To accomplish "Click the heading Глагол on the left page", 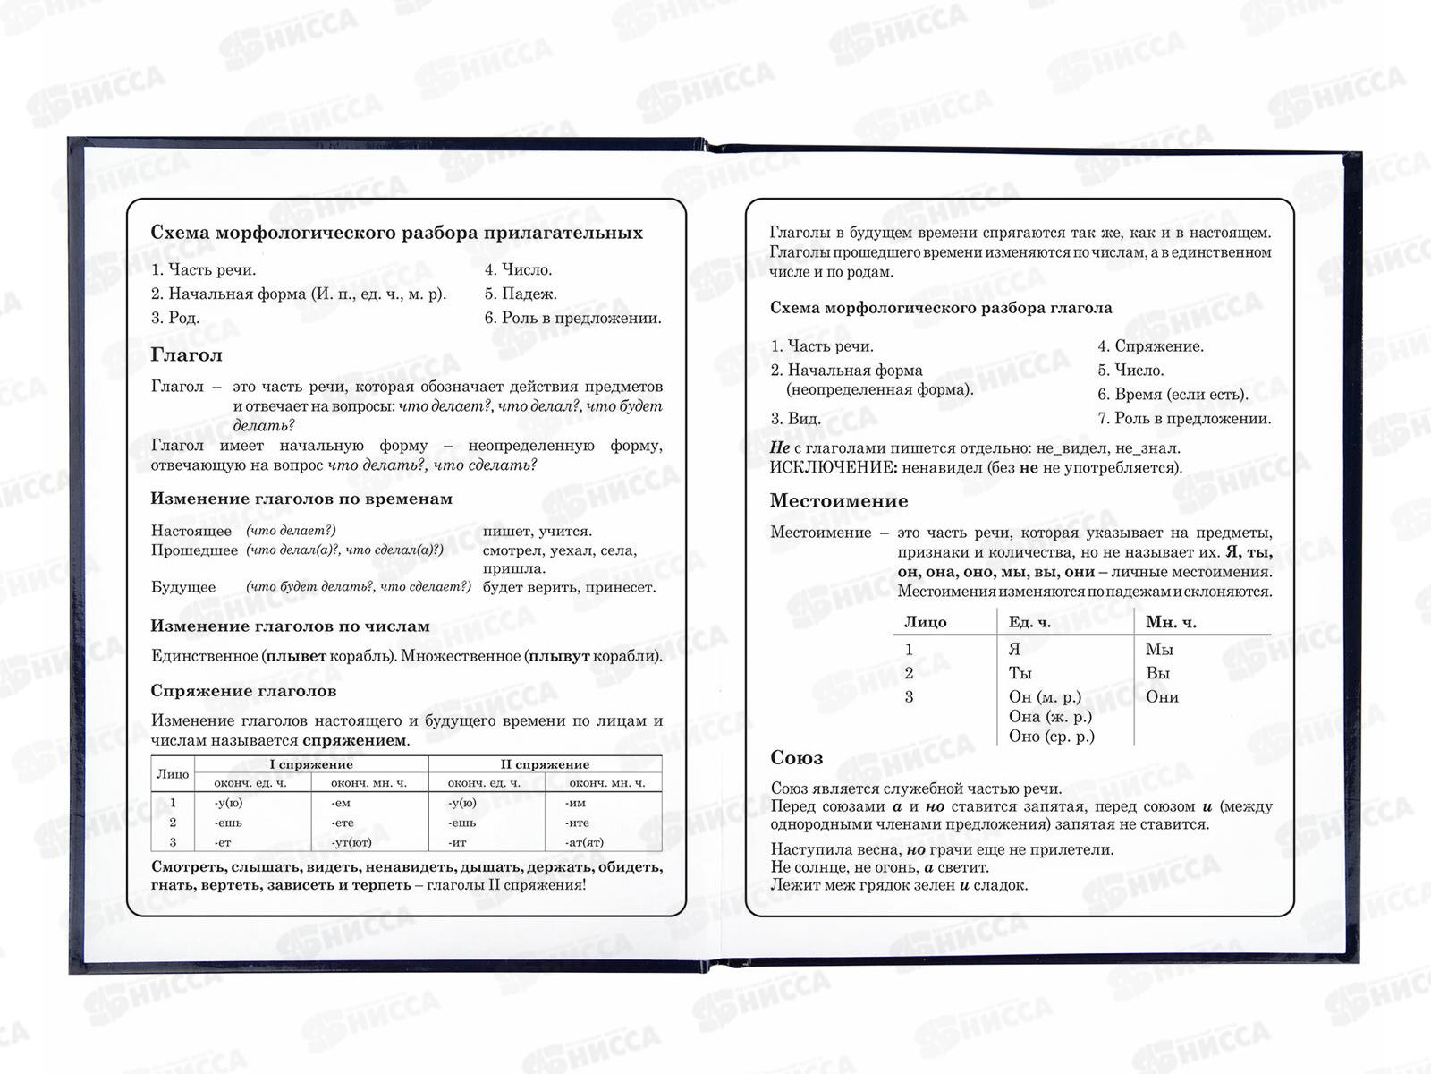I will (x=186, y=355).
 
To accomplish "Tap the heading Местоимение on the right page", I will (x=838, y=501).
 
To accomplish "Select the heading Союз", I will (x=796, y=758).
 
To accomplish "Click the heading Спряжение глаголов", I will (x=243, y=691).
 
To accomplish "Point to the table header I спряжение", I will (x=311, y=764).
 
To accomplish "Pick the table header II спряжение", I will (x=545, y=764).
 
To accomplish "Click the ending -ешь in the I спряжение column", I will (x=228, y=823).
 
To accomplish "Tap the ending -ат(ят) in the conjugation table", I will (x=584, y=842).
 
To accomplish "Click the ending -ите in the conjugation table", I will (x=577, y=823).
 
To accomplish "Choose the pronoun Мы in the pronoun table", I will (x=1159, y=650).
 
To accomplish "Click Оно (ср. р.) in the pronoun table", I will (x=1051, y=737).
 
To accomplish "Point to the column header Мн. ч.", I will (x=1171, y=622).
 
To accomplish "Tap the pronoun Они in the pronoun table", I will (x=1162, y=697).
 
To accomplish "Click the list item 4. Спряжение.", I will (x=1150, y=346).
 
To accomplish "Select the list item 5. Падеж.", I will (x=521, y=294).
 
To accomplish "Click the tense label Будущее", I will (x=183, y=587).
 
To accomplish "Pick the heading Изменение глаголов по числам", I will (x=290, y=626).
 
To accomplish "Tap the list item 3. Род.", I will (x=175, y=318).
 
